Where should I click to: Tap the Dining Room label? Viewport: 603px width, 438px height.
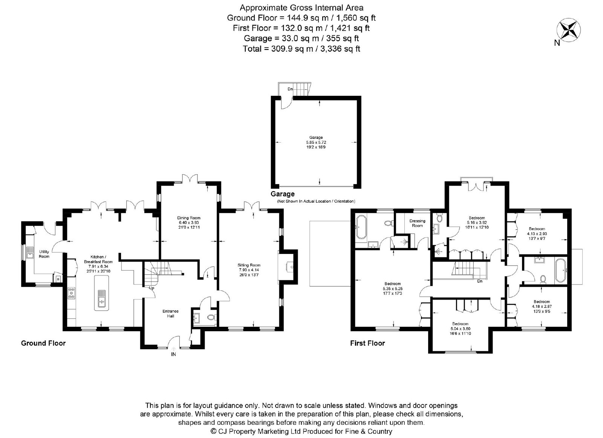click(189, 218)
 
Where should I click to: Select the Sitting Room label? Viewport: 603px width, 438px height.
click(249, 265)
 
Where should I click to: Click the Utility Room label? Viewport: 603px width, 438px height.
click(44, 254)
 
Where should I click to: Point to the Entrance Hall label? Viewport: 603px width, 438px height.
click(170, 314)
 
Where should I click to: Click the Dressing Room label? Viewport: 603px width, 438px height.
click(417, 223)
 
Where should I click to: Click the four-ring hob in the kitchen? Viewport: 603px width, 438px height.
click(72, 293)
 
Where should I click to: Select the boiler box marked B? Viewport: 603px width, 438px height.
click(58, 279)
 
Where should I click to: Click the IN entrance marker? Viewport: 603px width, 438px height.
click(173, 355)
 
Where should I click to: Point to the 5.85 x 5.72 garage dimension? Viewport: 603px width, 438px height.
click(316, 142)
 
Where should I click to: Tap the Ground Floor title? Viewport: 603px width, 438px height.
click(43, 343)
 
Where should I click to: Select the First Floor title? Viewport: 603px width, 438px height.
click(367, 343)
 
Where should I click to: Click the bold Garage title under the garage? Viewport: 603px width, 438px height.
click(283, 194)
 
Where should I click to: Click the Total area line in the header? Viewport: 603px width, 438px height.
click(301, 49)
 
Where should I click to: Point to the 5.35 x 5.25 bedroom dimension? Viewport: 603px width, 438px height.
click(392, 288)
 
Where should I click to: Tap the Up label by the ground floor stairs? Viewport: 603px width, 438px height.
click(152, 288)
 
